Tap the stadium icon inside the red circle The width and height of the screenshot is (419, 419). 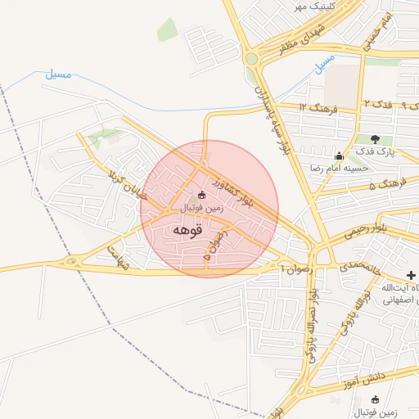click(x=201, y=195)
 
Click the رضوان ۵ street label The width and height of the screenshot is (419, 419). click(x=214, y=245)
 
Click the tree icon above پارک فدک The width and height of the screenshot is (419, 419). click(x=375, y=139)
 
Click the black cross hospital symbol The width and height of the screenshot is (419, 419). click(x=410, y=273)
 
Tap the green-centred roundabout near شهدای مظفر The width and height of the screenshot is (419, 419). click(x=251, y=58)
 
